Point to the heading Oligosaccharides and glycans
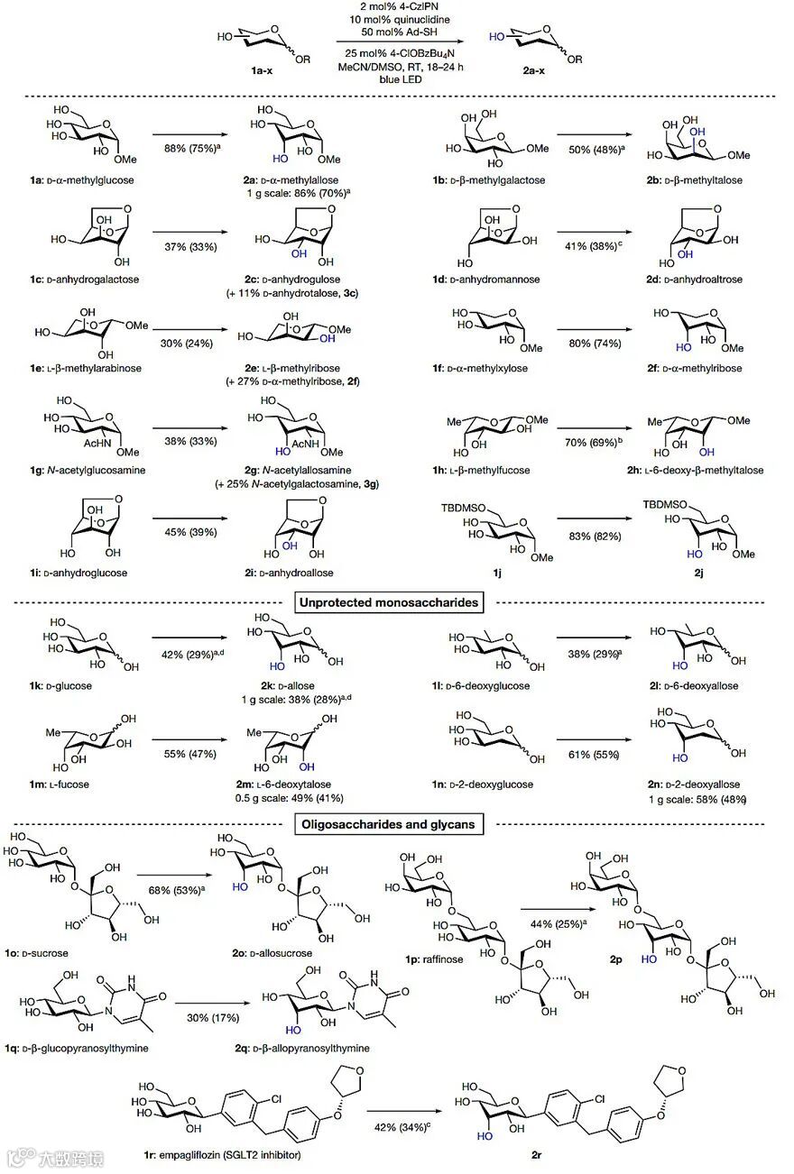[x=394, y=823]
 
